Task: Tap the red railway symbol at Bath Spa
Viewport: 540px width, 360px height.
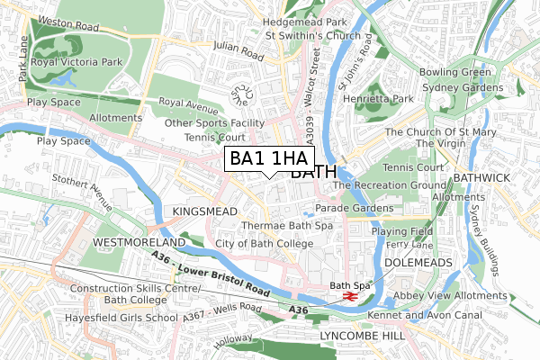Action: pos(351,294)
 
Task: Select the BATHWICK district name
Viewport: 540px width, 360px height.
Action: pos(482,178)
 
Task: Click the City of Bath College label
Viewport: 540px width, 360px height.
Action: pos(264,243)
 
